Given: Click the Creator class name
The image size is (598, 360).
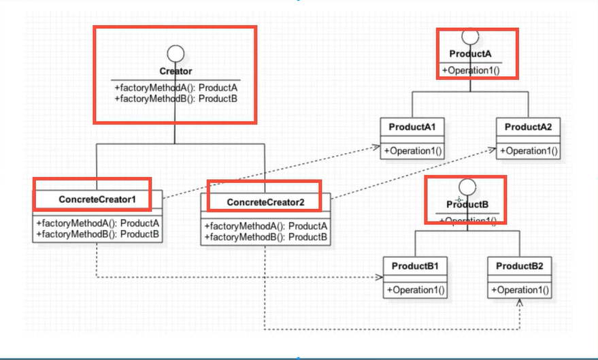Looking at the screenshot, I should pyautogui.click(x=176, y=71).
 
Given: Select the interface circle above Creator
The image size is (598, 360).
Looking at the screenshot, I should pyautogui.click(x=176, y=53).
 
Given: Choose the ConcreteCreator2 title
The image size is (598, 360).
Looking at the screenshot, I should pyautogui.click(x=265, y=202).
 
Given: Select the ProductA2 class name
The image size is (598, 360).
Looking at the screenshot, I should pyautogui.click(x=528, y=127).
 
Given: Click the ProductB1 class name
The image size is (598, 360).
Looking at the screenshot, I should pyautogui.click(x=414, y=265).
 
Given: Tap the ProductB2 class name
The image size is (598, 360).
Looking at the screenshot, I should pyautogui.click(x=519, y=265).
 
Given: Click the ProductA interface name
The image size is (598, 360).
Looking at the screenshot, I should pyautogui.click(x=471, y=54).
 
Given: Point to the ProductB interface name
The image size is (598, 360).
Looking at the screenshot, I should pyautogui.click(x=466, y=204).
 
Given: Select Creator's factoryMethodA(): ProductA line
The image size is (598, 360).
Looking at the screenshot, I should pyautogui.click(x=176, y=88).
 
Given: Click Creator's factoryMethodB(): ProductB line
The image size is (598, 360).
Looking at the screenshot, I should pyautogui.click(x=176, y=99).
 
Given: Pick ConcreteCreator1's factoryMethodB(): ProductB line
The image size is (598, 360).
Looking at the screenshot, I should pyautogui.click(x=98, y=234).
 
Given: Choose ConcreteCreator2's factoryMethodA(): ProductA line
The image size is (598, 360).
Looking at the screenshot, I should pyautogui.click(x=266, y=226).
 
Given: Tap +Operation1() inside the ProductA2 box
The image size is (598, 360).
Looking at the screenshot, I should pyautogui.click(x=528, y=150).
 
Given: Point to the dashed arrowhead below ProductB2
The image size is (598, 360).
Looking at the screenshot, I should pyautogui.click(x=520, y=304).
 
